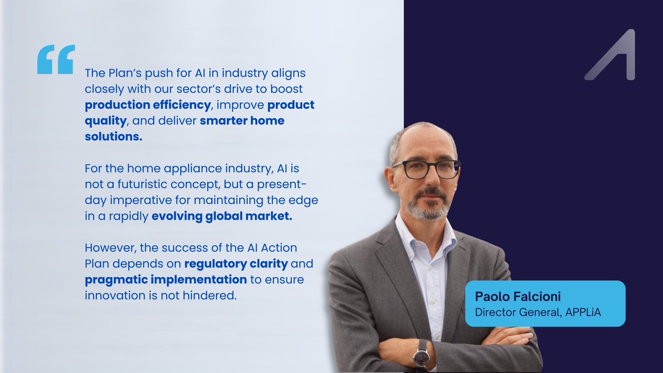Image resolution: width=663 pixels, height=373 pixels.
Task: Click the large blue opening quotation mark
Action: pyautogui.click(x=56, y=60)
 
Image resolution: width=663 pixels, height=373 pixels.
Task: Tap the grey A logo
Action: pyautogui.click(x=611, y=55)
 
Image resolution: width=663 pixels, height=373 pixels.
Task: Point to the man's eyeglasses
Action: pyautogui.click(x=426, y=169)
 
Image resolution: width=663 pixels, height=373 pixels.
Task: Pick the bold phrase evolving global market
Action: pyautogui.click(x=222, y=216)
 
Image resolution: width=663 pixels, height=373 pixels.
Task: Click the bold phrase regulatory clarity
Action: pyautogui.click(x=236, y=264)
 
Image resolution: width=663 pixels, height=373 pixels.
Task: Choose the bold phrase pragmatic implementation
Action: pyautogui.click(x=166, y=280)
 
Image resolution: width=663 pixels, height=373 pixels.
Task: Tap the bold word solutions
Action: pyautogui.click(x=113, y=136)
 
